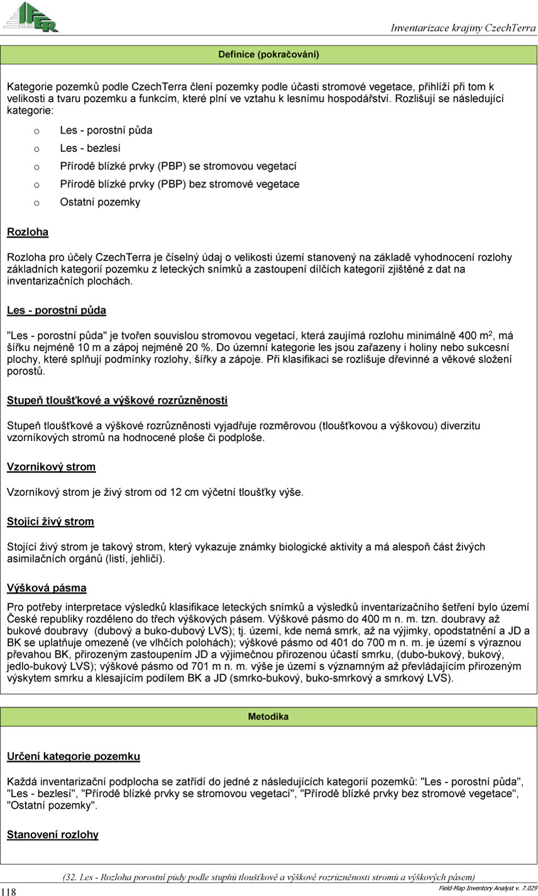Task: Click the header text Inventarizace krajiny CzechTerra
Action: coord(463,28)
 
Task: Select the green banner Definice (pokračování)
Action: coord(268,55)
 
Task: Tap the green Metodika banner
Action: coord(268,717)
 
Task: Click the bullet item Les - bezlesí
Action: coord(90,148)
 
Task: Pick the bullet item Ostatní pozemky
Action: coord(100,202)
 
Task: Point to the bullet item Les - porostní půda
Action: coord(106,130)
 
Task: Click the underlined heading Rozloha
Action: coord(28,232)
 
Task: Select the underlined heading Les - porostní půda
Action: coord(57,310)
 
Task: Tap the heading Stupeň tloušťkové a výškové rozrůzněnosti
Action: coord(117,400)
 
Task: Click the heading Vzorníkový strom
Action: coord(51,467)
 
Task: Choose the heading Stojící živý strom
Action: coord(50,522)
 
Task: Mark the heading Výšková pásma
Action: coord(47,588)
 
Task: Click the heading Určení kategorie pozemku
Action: coord(73,756)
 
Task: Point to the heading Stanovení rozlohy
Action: coord(53,835)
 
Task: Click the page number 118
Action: coord(8,891)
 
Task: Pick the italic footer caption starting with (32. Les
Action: coord(268,877)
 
